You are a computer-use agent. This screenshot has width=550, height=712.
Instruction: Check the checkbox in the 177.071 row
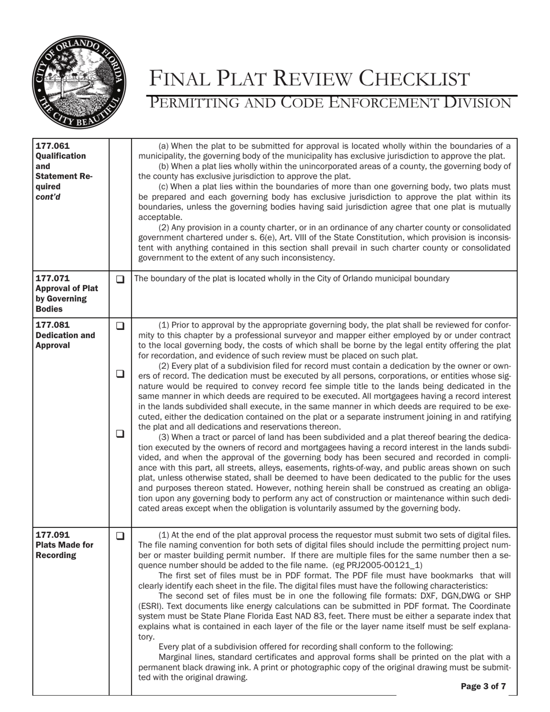click(x=120, y=279)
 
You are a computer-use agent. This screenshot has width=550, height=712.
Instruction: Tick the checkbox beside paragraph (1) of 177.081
click(x=120, y=326)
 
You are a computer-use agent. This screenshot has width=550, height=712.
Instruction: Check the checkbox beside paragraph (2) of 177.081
click(x=120, y=374)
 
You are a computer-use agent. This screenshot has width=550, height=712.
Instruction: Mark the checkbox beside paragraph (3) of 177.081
click(x=120, y=433)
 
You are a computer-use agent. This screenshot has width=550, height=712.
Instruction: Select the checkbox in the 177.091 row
click(x=120, y=535)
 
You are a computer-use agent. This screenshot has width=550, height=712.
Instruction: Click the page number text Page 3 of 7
click(x=483, y=687)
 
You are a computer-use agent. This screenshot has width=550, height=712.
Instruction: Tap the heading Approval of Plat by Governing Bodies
click(x=67, y=293)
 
